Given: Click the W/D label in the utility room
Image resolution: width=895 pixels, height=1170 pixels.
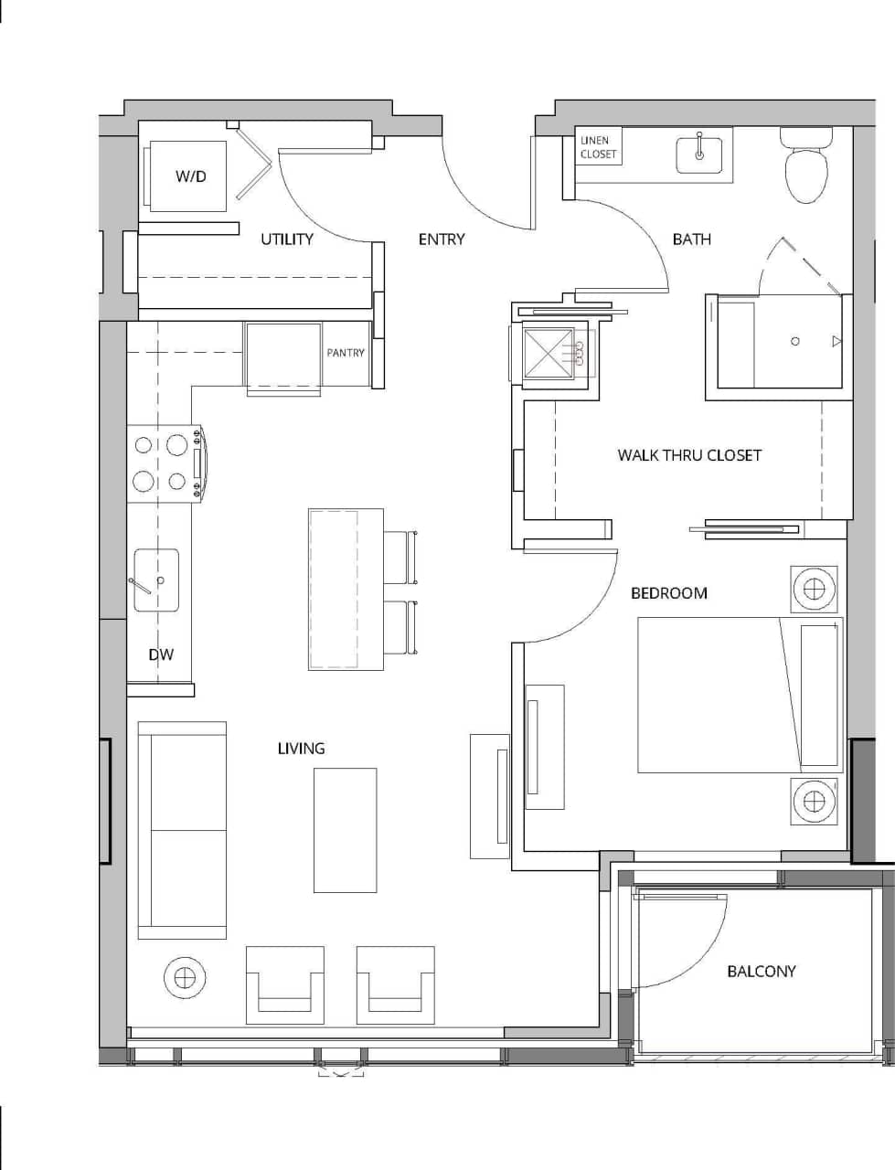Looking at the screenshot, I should [x=191, y=176].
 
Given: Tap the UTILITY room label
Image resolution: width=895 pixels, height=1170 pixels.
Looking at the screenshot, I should [x=287, y=239].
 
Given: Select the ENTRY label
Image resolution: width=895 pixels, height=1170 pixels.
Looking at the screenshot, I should [x=442, y=239].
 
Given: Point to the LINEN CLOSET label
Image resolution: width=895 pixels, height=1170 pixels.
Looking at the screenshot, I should [x=598, y=147].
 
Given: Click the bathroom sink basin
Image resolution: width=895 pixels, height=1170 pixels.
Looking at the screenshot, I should [x=699, y=154].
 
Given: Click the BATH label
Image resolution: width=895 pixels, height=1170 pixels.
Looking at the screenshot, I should [x=691, y=239].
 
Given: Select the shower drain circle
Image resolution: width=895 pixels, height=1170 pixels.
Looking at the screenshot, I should [x=794, y=341].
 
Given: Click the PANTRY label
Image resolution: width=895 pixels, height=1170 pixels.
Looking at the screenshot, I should [x=346, y=353].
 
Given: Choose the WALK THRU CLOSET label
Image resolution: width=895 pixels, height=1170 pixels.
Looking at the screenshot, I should [x=689, y=455].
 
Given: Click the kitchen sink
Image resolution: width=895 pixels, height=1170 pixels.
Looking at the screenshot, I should [x=156, y=580].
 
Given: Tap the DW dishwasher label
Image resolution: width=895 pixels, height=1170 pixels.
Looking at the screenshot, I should [x=161, y=654].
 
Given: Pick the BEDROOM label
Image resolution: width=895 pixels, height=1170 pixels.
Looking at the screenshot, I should [x=669, y=593].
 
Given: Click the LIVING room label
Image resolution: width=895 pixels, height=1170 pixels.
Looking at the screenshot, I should [x=301, y=749].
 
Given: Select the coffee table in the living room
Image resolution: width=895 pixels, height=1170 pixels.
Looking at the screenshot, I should [x=345, y=830].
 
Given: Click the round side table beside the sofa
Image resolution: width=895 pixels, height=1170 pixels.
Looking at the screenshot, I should [x=185, y=977].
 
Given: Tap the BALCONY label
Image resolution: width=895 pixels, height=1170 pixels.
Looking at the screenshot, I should [x=761, y=972].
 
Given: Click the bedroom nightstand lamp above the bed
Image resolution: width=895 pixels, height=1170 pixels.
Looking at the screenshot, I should [x=814, y=588].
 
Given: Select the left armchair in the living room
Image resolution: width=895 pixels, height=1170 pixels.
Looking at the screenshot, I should [x=285, y=985].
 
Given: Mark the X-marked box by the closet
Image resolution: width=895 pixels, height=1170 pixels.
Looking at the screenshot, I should [x=548, y=352].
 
